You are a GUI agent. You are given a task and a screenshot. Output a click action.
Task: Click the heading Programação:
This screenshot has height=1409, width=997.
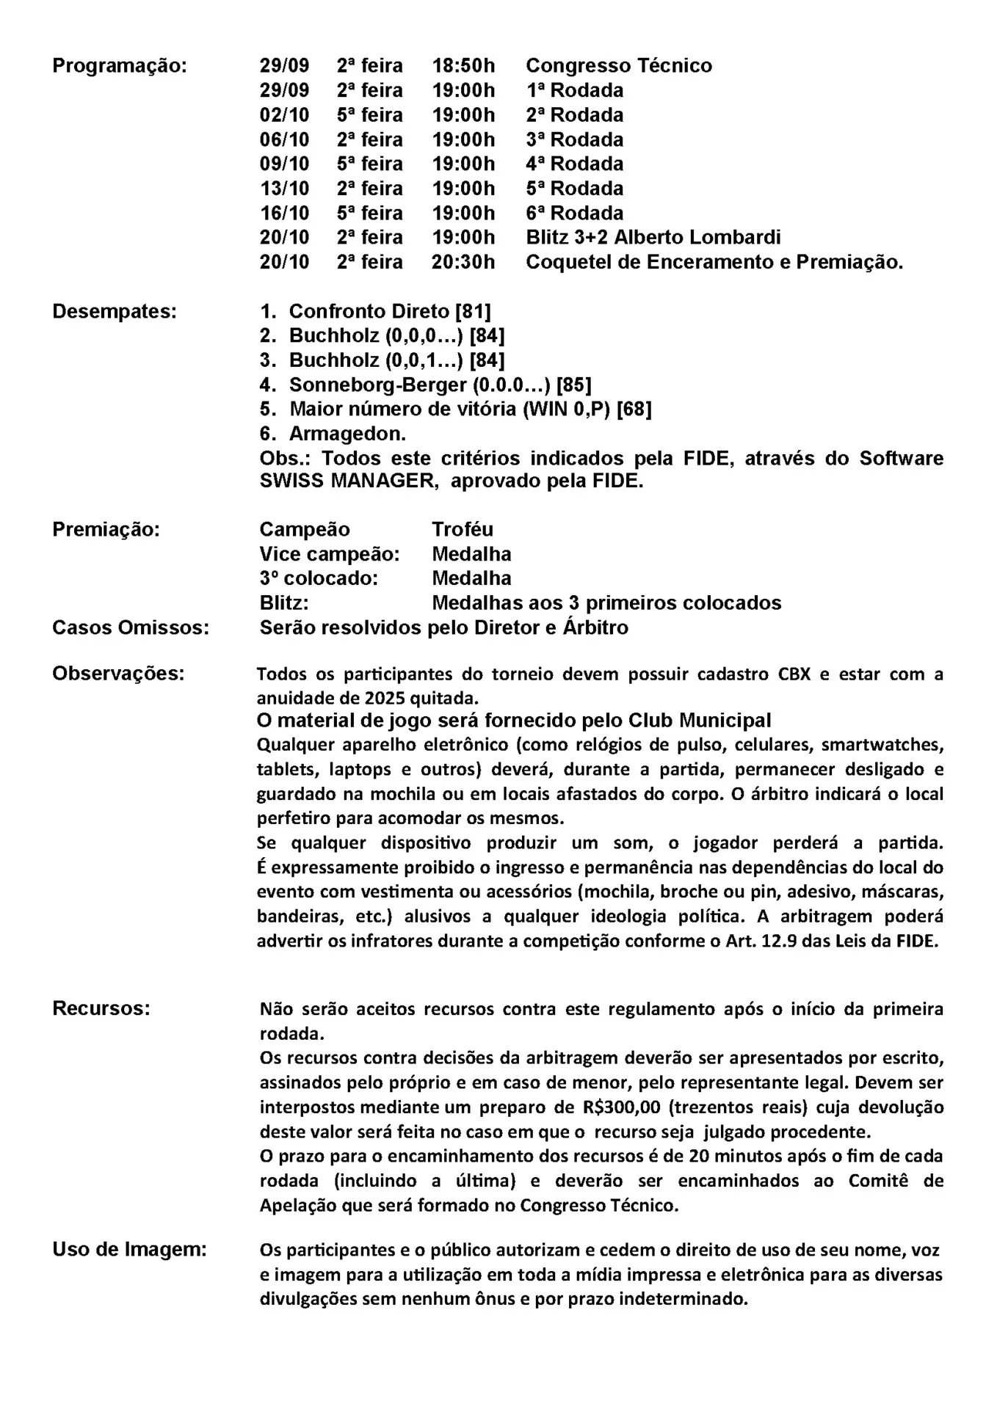coord(120,66)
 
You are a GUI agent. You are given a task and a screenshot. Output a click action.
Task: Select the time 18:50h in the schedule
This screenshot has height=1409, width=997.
coord(463,66)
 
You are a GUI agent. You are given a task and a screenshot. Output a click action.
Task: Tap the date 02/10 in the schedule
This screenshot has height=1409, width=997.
coord(284,115)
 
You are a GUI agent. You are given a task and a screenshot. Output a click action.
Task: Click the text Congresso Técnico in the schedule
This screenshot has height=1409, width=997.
coord(619,66)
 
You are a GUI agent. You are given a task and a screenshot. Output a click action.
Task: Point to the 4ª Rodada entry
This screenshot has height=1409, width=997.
coord(575,164)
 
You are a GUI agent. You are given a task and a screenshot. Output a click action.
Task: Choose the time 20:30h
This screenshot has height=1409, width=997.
coord(463,262)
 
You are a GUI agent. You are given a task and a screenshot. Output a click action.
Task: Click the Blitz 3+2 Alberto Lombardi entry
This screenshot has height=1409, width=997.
coord(653,238)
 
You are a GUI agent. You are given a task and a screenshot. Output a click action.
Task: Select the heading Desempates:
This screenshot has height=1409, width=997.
coord(115,311)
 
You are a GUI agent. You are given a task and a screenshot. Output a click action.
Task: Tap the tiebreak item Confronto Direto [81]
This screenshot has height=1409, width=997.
coord(390,311)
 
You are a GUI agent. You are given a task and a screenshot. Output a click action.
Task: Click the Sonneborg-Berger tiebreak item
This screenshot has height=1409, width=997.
coord(440,385)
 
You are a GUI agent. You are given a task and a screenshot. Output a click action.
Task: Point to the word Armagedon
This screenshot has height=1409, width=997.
coord(347,434)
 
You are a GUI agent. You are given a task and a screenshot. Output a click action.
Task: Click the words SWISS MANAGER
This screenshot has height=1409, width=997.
coord(348,482)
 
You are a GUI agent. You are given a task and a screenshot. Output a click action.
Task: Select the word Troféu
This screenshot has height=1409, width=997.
coord(463,529)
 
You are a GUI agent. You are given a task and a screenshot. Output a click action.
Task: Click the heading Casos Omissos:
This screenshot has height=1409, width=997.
coord(131,627)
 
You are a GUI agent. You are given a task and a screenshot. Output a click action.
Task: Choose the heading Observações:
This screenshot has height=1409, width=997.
coord(118,674)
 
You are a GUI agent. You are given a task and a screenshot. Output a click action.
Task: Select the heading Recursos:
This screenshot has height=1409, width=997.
coord(101,1008)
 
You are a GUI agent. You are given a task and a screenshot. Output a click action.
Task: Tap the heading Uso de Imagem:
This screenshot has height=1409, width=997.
coord(129,1249)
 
